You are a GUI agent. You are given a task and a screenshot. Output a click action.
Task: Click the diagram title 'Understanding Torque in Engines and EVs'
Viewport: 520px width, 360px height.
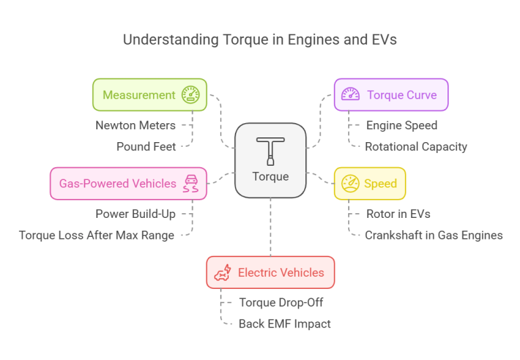[x=259, y=39]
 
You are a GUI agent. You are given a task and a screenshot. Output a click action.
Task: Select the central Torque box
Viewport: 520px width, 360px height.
[x=270, y=160]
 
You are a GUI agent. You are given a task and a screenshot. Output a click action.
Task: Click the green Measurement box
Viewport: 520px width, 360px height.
[x=150, y=95]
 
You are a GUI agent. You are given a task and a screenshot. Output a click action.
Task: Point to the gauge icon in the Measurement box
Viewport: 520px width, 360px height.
[x=190, y=95]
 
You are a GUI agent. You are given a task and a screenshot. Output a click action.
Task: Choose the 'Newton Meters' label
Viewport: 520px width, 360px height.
[x=135, y=125]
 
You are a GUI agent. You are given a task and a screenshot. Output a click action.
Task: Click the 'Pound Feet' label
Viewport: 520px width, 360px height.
[x=146, y=146]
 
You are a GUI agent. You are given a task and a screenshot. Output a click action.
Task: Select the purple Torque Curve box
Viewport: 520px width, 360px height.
[x=391, y=95]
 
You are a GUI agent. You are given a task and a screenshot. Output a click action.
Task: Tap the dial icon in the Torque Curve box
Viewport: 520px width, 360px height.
[x=350, y=95]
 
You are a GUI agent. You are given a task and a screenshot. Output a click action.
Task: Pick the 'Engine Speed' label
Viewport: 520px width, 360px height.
[x=402, y=125]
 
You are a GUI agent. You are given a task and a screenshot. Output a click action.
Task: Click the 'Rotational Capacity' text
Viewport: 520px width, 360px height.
[x=416, y=146]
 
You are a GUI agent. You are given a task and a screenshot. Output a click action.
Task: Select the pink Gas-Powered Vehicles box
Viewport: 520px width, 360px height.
[x=128, y=183]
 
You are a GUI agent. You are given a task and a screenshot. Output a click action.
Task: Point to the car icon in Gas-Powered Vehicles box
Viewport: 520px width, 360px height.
[x=191, y=183]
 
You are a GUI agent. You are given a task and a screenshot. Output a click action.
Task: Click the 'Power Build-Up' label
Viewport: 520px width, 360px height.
[x=135, y=214]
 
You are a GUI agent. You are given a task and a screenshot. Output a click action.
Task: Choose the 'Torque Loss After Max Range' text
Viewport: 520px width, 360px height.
[x=97, y=235]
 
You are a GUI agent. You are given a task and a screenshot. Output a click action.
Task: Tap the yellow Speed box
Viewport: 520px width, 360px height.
[x=370, y=183]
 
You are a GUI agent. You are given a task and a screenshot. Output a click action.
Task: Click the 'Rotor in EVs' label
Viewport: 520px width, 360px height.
[x=398, y=214]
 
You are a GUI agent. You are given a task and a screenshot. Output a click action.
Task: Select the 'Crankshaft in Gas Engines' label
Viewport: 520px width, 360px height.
[x=433, y=235]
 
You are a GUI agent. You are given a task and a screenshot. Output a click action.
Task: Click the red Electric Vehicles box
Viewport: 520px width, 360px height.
[x=270, y=273]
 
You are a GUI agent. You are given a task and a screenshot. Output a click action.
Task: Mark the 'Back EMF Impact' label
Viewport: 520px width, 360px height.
[x=284, y=323]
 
